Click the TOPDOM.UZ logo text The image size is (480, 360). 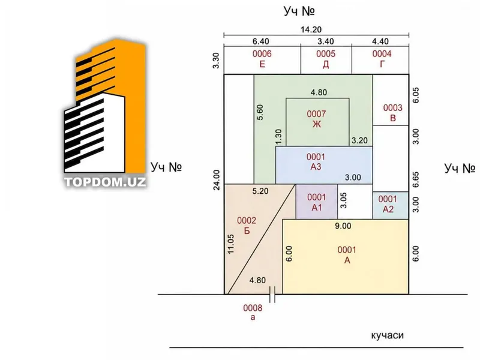pyautogui.click(x=105, y=182)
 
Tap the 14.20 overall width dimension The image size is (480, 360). pyautogui.click(x=311, y=29)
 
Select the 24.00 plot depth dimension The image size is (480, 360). pyautogui.click(x=217, y=180)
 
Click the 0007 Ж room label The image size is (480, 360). pyautogui.click(x=317, y=119)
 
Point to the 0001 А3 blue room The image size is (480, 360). pyautogui.click(x=324, y=165)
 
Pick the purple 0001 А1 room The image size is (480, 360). pyautogui.click(x=317, y=202)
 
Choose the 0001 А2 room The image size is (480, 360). pyautogui.click(x=391, y=205)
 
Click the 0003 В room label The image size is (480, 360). pyautogui.click(x=393, y=113)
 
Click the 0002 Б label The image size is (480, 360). pyautogui.click(x=247, y=226)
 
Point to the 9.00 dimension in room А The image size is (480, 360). pyautogui.click(x=343, y=226)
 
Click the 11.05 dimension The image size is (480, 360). pyautogui.click(x=231, y=244)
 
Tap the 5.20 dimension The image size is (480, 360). pyautogui.click(x=260, y=191)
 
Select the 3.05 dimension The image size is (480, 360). pyautogui.click(x=343, y=200)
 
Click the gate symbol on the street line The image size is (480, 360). pyautogui.click(x=272, y=295)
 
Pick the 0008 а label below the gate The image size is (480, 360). pyautogui.click(x=253, y=312)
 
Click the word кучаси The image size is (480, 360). pyautogui.click(x=387, y=335)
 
